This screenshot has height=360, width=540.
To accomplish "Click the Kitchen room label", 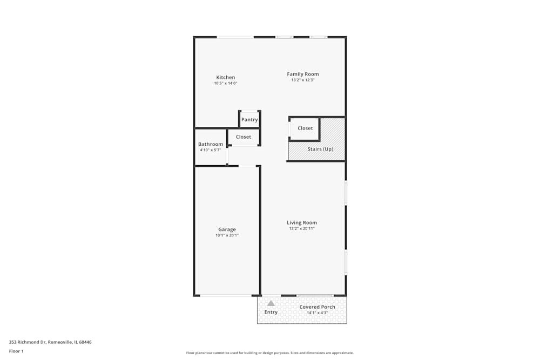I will tap(226, 77).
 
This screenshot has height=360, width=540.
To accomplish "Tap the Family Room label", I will tap(302, 74).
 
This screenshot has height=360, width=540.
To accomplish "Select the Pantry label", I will tap(249, 120).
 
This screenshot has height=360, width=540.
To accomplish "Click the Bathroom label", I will tap(211, 144).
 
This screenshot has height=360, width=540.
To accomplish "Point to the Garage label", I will tap(227, 229).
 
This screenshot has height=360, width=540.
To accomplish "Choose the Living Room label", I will tap(302, 222).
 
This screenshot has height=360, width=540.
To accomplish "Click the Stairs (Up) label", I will tap(320, 149).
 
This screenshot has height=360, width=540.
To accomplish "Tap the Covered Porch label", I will tap(318, 307).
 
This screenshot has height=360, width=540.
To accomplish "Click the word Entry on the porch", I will tap(271, 312).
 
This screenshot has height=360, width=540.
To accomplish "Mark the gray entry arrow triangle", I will tap(271, 303).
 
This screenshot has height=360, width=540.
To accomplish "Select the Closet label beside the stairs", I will tap(305, 128).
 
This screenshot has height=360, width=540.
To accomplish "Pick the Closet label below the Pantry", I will tap(244, 137).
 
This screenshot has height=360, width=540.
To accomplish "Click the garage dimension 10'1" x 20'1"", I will tap(227, 235).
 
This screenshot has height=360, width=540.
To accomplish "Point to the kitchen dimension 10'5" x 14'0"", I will tap(226, 83).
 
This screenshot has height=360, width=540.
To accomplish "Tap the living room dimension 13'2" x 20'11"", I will tap(302, 228).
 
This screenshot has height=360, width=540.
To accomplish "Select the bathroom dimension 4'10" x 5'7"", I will tap(211, 150).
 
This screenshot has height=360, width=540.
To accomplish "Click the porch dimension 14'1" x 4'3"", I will tap(318, 313).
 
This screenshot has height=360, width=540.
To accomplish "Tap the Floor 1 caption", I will tap(16, 351).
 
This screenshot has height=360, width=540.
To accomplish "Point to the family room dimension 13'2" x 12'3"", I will tap(302, 80).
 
